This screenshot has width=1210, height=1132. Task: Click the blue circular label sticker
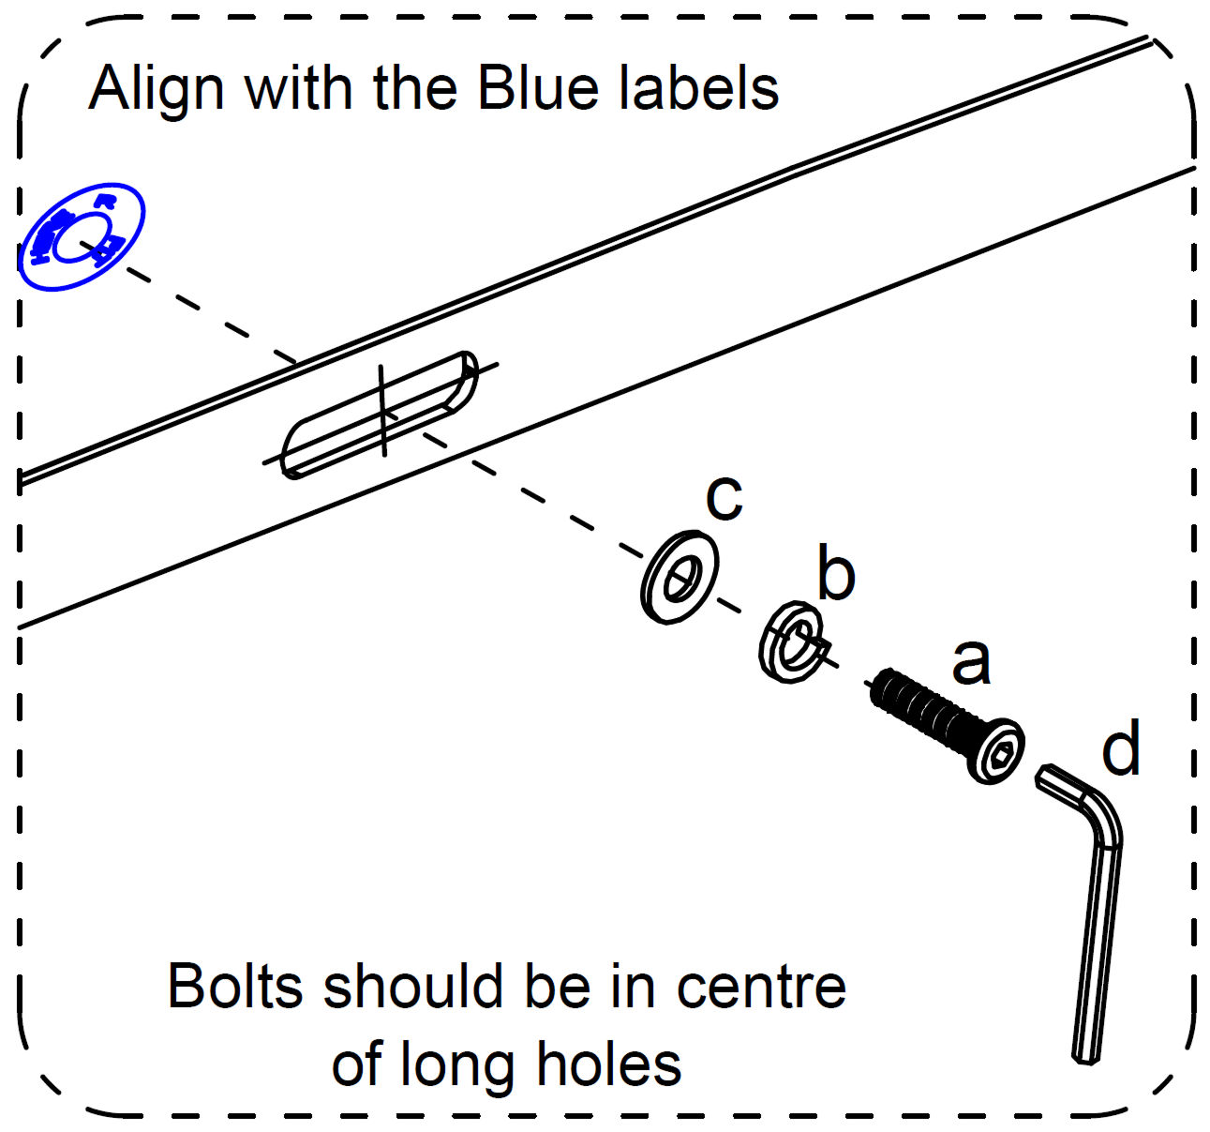click(x=82, y=236)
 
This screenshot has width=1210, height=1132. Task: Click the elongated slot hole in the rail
click(x=381, y=414)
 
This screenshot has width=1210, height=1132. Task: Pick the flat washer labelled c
click(x=680, y=578)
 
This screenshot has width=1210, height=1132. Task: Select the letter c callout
click(x=725, y=496)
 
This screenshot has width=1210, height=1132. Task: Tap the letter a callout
click(x=971, y=660)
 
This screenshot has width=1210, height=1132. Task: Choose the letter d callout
click(x=1121, y=747)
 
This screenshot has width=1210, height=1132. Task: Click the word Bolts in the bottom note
click(x=235, y=987)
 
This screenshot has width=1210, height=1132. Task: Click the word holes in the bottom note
click(x=608, y=1065)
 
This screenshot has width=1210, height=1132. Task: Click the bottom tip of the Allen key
click(x=1085, y=1057)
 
